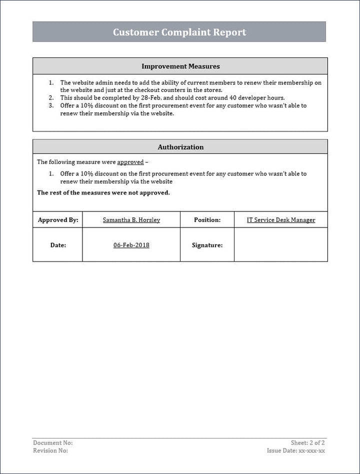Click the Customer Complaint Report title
point(179,32)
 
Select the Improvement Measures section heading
point(180,66)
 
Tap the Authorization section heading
point(180,147)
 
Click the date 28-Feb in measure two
point(149,98)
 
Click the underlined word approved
point(130,162)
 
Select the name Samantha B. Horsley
point(131,220)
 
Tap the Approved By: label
point(58,220)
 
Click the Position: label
point(207,220)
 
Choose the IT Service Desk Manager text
point(281,220)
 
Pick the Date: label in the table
point(58,245)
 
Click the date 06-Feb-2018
point(131,245)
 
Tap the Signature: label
point(207,245)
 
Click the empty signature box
point(280,245)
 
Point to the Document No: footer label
point(52,443)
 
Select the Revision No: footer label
point(50,450)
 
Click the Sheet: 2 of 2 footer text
point(307,443)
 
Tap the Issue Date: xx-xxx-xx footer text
point(295,450)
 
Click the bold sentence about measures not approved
point(103,192)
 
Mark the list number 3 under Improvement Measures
point(51,105)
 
